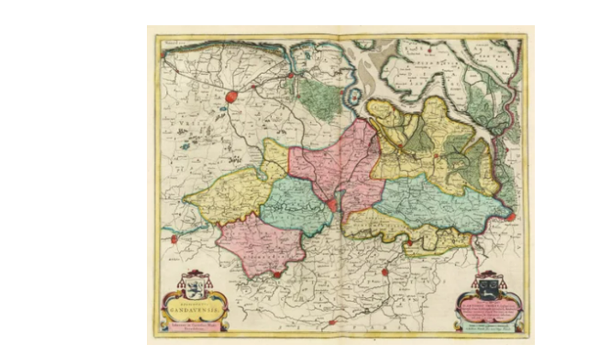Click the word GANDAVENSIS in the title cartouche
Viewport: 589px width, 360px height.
195,313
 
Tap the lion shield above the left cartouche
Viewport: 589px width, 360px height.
195,287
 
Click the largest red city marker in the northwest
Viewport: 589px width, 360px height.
231,97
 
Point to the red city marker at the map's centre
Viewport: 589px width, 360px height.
332,205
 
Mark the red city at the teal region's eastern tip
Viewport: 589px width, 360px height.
511,217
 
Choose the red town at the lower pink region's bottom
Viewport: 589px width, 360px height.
277,275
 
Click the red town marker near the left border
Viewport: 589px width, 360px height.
174,239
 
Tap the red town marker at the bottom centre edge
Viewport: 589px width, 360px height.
332,323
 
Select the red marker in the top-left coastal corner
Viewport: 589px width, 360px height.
163,55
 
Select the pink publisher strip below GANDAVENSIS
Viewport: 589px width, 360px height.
195,326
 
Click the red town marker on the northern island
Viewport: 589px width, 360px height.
430,50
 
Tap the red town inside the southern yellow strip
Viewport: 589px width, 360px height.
410,243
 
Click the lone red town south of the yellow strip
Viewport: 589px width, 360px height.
384,272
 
